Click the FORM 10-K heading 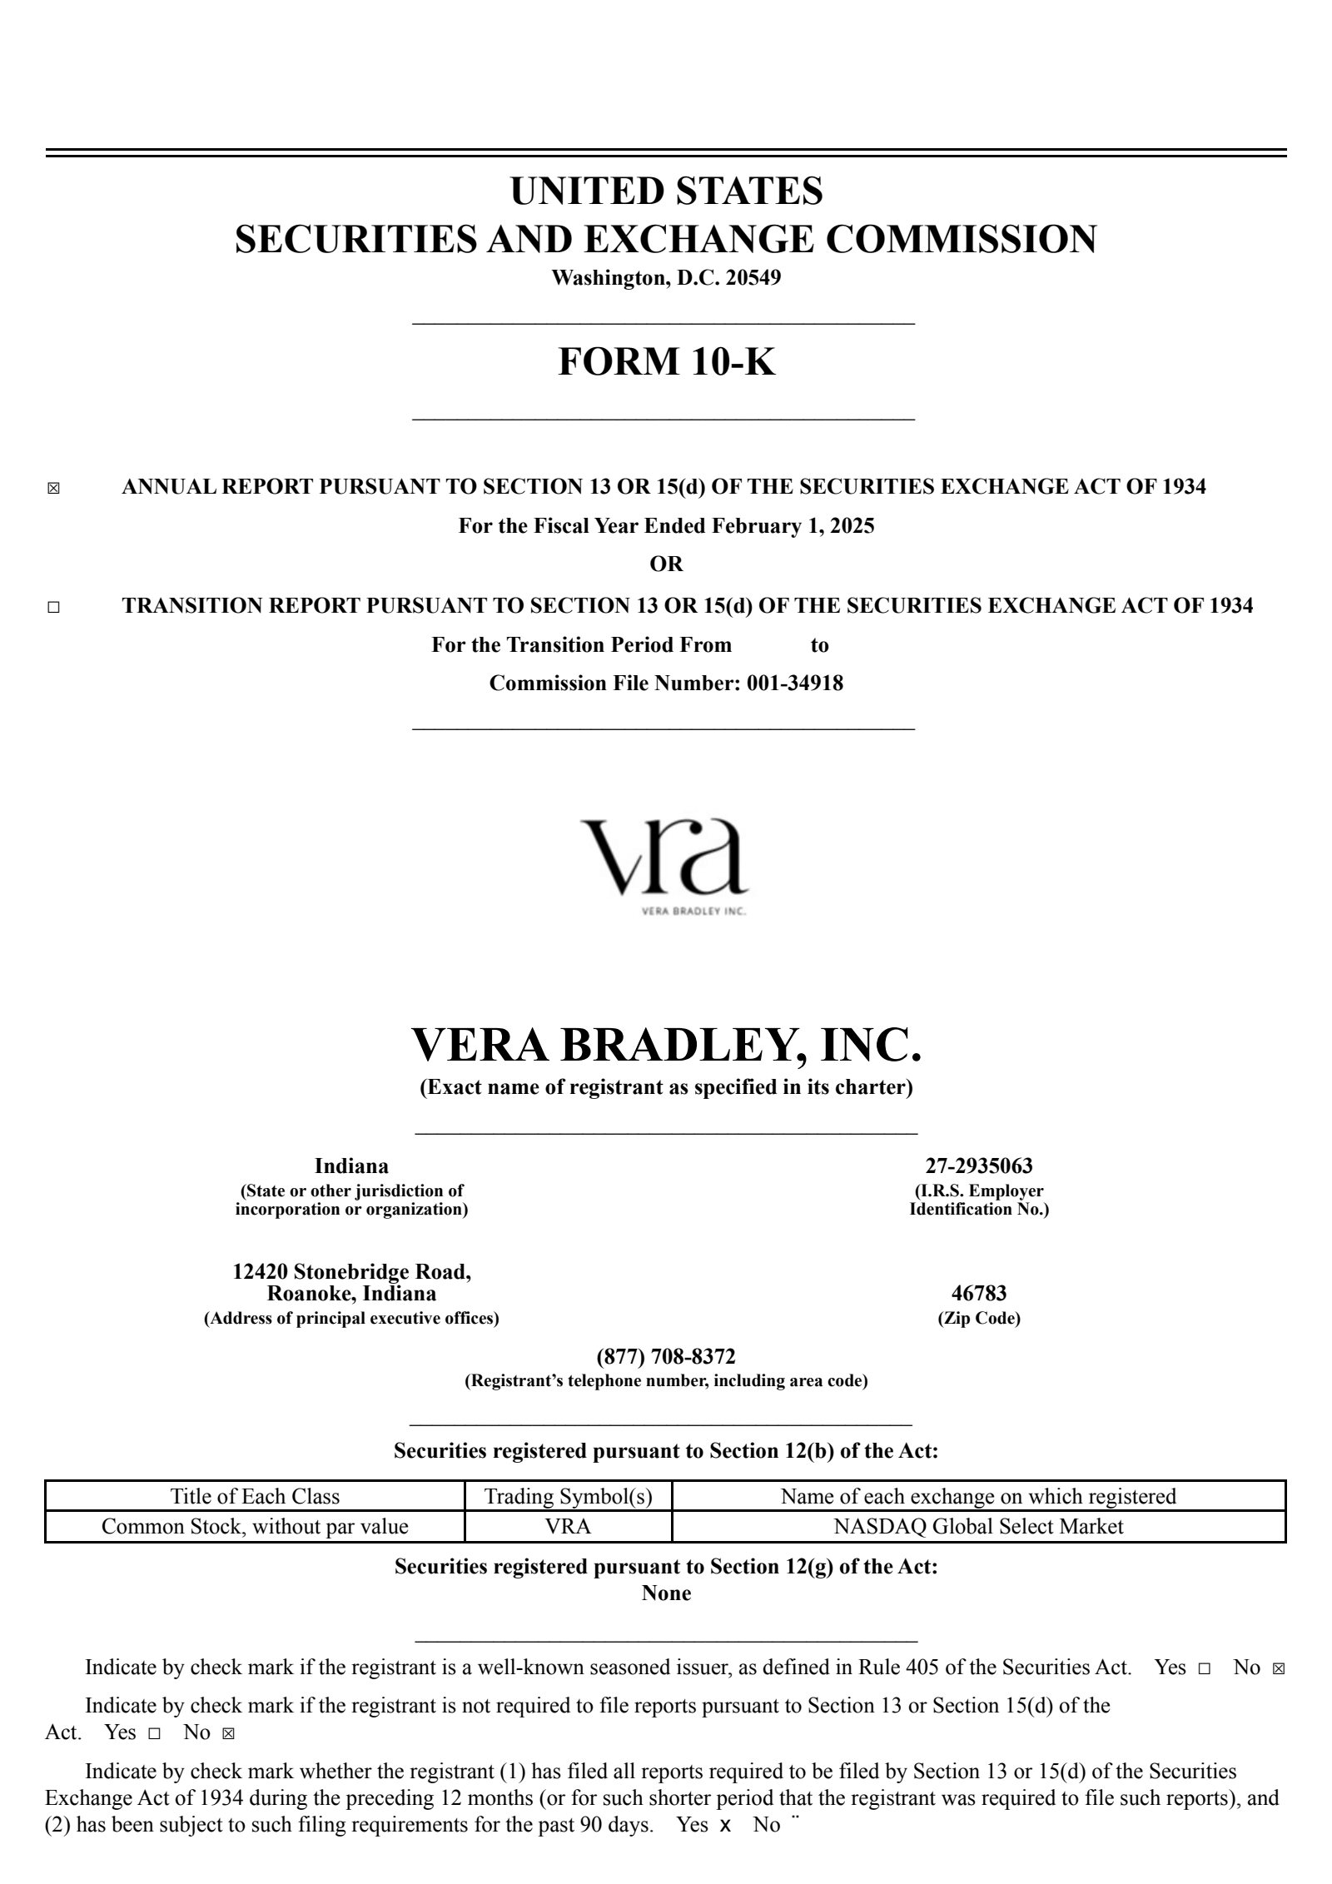pos(666,362)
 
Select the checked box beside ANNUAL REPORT pos(54,489)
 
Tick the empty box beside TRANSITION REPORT pos(54,608)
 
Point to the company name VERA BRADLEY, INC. pos(666,1045)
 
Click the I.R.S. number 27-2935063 pos(978,1166)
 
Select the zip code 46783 pos(978,1293)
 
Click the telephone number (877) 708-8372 pos(666,1357)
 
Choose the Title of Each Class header pos(255,1496)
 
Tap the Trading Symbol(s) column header pos(568,1496)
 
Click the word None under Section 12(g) pos(666,1593)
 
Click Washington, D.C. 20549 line pos(666,278)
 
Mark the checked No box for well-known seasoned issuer pos(1279,1669)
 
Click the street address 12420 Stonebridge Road pos(351,1271)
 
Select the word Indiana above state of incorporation pos(351,1166)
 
